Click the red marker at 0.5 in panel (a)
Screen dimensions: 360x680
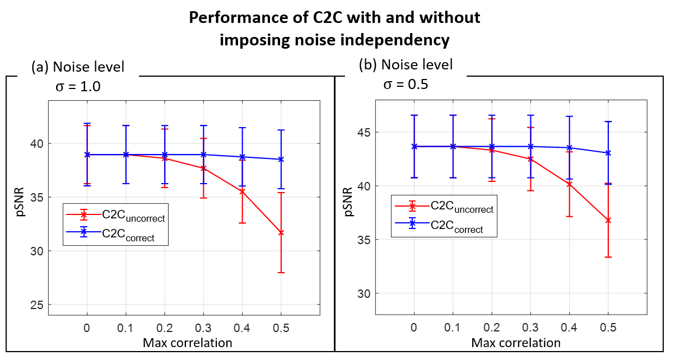pyautogui.click(x=281, y=232)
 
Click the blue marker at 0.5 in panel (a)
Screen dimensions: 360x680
pyautogui.click(x=281, y=159)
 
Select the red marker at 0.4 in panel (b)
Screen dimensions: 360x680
pyautogui.click(x=569, y=184)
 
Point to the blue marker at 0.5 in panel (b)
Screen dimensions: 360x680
pyautogui.click(x=608, y=153)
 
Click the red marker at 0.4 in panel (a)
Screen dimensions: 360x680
pyautogui.click(x=242, y=191)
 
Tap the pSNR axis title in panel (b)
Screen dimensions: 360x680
pyautogui.click(x=348, y=201)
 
